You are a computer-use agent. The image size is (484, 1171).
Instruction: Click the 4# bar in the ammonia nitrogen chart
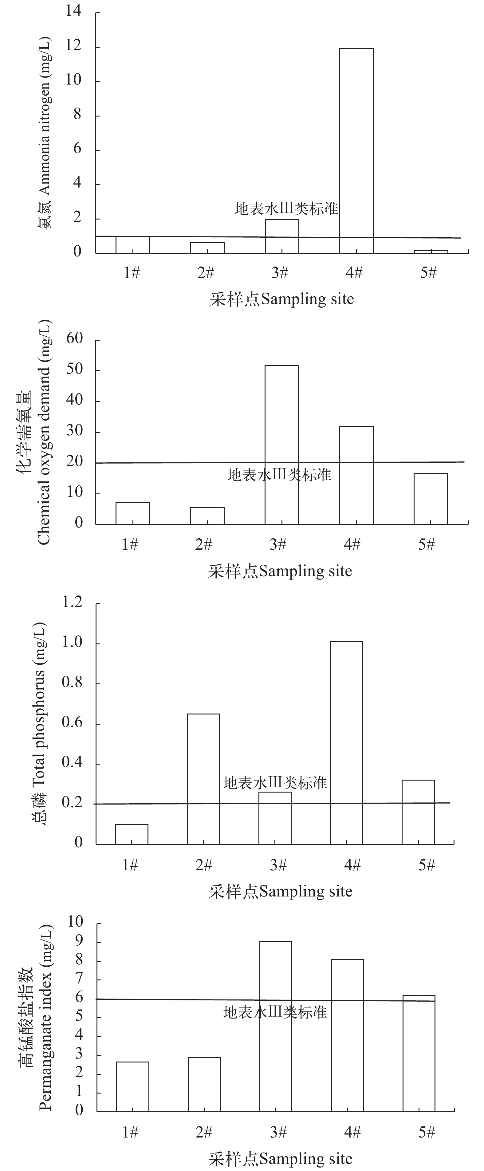356,150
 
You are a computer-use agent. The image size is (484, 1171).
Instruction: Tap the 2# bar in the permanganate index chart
204,1084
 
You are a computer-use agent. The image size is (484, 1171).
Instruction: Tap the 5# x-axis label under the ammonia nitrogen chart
428,273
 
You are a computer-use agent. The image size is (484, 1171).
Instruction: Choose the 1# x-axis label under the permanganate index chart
130,1132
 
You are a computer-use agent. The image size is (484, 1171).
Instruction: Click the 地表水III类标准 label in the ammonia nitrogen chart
286,209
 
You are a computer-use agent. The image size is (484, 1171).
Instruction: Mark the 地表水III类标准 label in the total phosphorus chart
275,783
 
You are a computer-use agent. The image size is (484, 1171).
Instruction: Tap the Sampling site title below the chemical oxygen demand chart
280,571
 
